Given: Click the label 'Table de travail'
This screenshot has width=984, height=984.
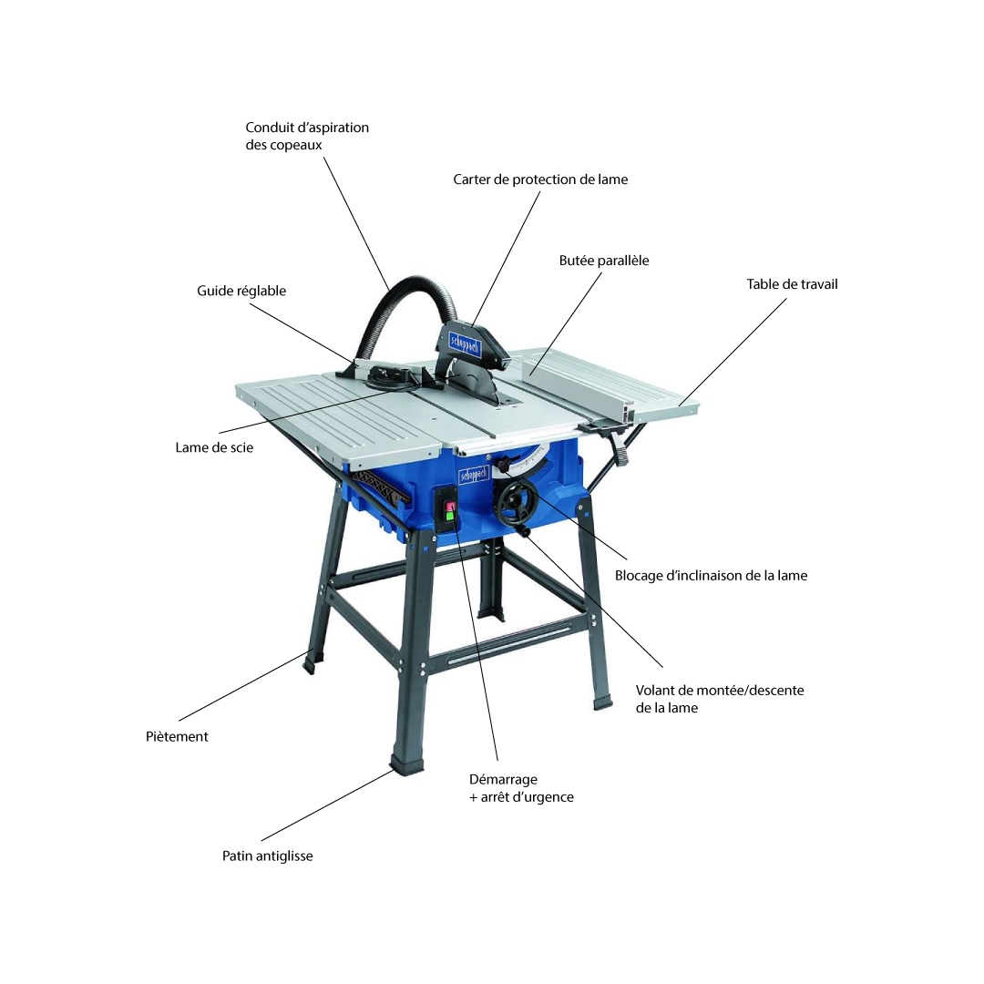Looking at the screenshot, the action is click(792, 284).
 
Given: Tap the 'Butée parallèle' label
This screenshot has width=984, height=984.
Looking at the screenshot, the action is click(604, 261).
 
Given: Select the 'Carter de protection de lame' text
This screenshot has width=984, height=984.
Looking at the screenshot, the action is click(540, 179).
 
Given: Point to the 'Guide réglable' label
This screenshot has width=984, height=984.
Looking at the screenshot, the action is click(241, 291).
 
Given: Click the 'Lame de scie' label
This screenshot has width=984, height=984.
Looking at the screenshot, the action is click(214, 447).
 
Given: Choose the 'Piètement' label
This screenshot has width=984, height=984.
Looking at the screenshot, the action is click(177, 737).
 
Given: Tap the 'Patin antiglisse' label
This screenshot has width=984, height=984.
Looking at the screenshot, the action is click(267, 856).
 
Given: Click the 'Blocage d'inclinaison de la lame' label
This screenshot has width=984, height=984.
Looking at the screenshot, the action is click(711, 576).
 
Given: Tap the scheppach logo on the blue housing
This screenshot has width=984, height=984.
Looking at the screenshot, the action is click(474, 477).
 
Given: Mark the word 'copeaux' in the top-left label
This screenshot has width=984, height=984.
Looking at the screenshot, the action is click(298, 146).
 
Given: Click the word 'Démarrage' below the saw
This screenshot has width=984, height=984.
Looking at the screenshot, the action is click(503, 779).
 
